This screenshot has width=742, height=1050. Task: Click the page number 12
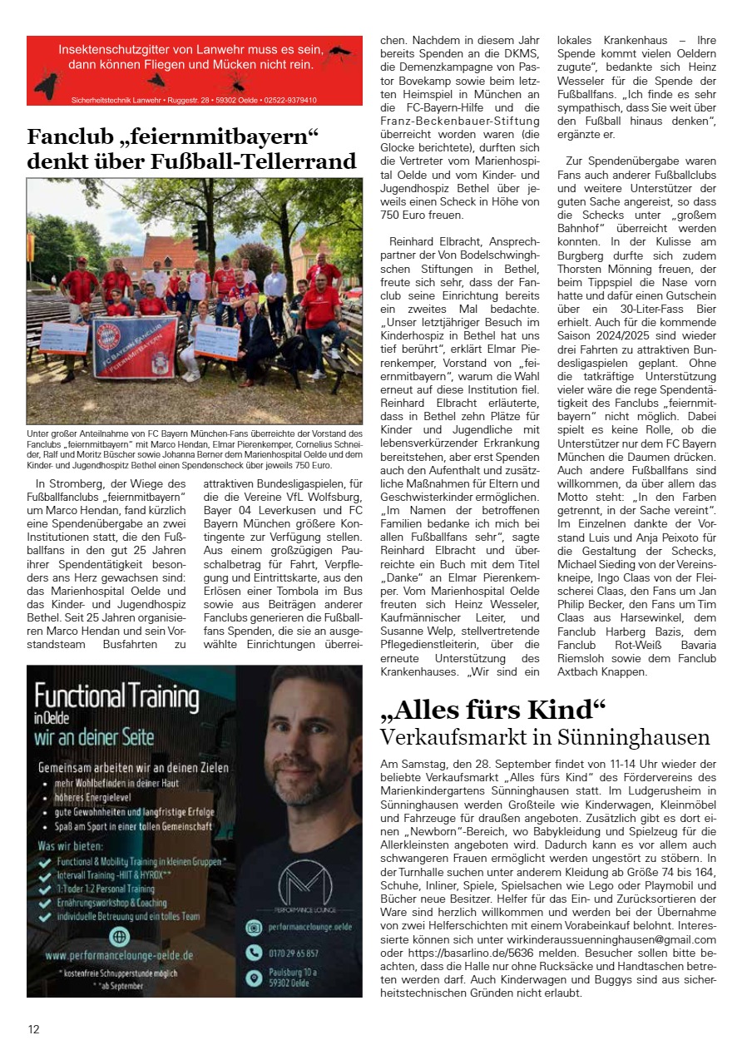33,1029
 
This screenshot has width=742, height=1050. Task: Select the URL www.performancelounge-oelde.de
119,956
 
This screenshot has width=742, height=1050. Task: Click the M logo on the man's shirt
304,876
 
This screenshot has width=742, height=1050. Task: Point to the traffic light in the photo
200,235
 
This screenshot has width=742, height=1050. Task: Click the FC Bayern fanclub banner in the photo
136,343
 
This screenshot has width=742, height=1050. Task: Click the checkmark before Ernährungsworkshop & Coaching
46,901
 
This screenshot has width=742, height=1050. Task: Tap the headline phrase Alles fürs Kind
492,710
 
